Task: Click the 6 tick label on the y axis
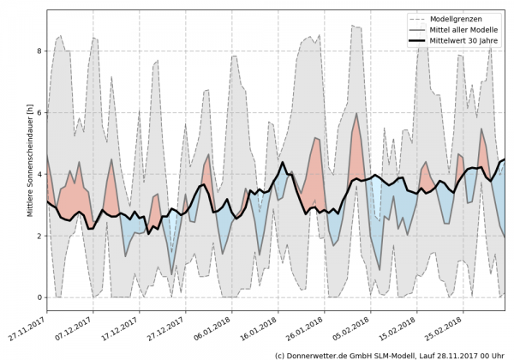[x=38, y=113]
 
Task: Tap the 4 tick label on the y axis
[x=38, y=175]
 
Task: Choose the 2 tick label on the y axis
[x=38, y=236]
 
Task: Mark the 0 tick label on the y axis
[x=38, y=297]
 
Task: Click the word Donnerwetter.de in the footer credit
[x=320, y=353]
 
